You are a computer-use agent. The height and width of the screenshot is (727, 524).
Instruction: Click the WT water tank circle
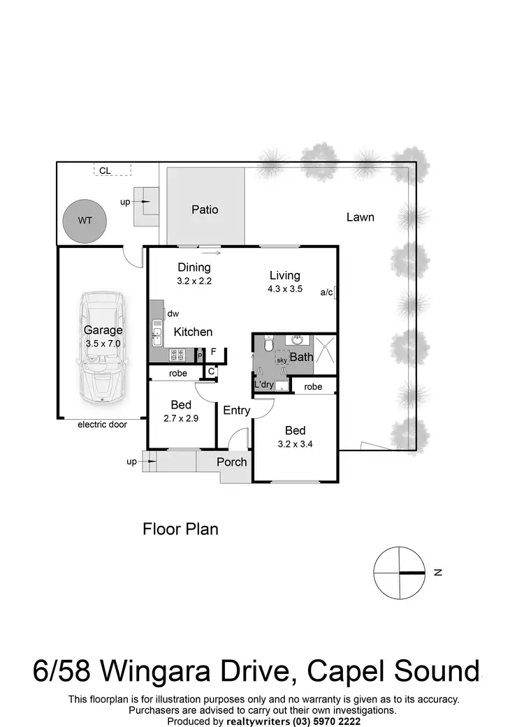(85, 220)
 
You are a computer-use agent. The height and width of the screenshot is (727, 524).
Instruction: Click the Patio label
(205, 210)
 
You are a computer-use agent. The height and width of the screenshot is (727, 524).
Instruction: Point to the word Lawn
(360, 217)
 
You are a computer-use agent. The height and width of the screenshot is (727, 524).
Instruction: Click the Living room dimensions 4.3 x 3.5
(284, 288)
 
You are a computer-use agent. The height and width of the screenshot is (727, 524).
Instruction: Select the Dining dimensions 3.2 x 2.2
(194, 281)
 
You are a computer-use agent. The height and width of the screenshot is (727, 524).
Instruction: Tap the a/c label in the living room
(326, 293)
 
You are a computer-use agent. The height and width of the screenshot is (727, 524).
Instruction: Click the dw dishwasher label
(173, 314)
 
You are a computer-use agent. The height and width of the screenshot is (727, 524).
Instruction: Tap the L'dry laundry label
(264, 385)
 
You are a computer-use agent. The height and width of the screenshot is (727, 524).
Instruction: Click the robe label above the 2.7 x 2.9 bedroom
(178, 374)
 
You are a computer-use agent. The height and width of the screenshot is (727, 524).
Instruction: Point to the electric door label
(102, 424)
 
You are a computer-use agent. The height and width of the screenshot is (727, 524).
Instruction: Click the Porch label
(231, 462)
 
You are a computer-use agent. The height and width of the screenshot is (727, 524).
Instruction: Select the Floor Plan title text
(180, 529)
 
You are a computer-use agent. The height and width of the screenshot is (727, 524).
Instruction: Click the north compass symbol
(399, 572)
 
